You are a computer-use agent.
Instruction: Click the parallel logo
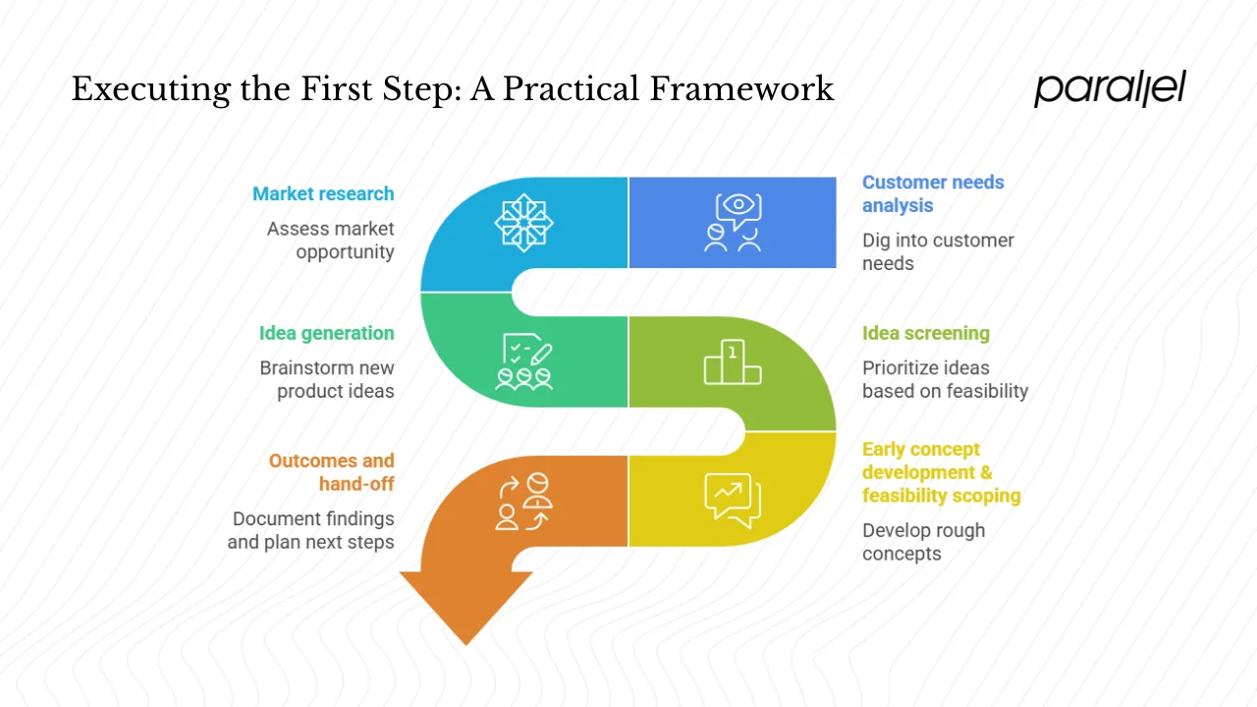(1110, 89)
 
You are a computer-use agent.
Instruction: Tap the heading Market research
(323, 193)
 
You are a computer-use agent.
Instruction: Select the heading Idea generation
(326, 333)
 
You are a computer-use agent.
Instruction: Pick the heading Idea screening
(925, 333)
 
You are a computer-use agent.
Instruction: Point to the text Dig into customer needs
(937, 251)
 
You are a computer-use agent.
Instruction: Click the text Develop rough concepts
(923, 542)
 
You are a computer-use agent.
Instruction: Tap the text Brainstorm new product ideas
(327, 379)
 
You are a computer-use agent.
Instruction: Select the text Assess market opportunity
(331, 240)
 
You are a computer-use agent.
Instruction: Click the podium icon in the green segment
(733, 362)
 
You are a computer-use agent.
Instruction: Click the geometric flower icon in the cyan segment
(523, 222)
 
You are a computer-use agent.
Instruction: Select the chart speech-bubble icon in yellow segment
(733, 500)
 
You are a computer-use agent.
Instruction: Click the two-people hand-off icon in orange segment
(523, 502)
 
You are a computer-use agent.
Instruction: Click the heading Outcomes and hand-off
(331, 472)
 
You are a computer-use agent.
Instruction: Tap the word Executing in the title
(149, 89)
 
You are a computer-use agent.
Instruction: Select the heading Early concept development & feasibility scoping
(941, 472)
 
